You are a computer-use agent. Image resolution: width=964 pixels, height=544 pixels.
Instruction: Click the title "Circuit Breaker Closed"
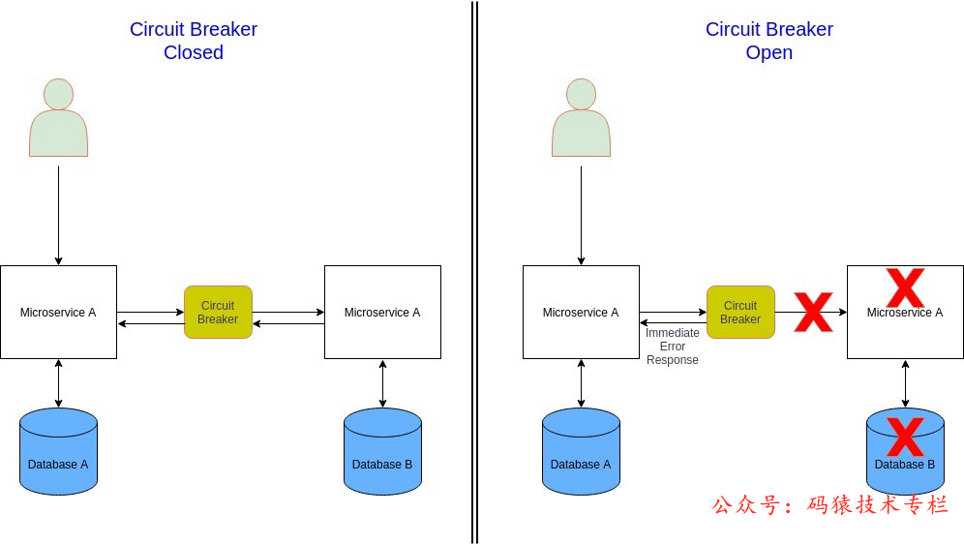(193, 41)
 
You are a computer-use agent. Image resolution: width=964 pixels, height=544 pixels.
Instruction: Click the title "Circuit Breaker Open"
(769, 41)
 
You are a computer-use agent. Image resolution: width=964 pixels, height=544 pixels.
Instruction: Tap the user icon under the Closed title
(58, 117)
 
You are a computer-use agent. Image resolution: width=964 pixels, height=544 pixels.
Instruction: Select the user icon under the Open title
(581, 117)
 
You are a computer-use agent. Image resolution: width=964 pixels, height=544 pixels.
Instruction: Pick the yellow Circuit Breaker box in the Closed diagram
(218, 313)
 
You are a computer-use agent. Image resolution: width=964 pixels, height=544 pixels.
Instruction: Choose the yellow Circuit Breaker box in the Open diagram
(740, 313)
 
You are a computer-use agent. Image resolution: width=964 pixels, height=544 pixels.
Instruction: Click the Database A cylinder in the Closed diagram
(58, 451)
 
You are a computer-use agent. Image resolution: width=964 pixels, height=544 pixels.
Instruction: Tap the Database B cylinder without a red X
(382, 451)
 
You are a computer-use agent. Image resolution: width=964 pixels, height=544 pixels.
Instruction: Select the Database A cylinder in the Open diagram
(581, 451)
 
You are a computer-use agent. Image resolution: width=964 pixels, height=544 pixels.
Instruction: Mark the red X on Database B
(905, 438)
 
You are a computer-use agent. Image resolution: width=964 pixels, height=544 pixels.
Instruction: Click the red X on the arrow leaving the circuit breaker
(813, 313)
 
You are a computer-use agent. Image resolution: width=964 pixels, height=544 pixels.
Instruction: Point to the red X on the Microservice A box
(905, 287)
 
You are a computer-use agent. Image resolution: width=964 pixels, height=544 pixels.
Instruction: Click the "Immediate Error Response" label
(672, 347)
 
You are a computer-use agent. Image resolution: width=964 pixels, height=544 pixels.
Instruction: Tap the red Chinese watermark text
(830, 504)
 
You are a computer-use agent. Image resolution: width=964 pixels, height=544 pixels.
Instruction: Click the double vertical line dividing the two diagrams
(474, 272)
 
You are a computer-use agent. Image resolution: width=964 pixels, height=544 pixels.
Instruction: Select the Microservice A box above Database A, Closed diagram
(58, 313)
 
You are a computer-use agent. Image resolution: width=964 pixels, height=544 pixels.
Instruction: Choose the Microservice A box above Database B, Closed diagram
(382, 313)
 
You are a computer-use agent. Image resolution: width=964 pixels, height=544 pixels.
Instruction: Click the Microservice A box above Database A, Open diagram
(581, 313)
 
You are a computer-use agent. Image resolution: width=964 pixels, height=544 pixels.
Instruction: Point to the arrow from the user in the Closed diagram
(58, 215)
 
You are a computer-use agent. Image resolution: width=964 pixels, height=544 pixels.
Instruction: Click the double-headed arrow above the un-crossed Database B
(382, 384)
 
